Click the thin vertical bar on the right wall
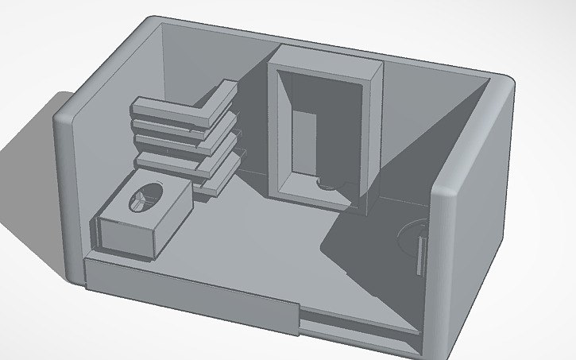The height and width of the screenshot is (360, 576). pyautogui.click(x=419, y=253)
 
